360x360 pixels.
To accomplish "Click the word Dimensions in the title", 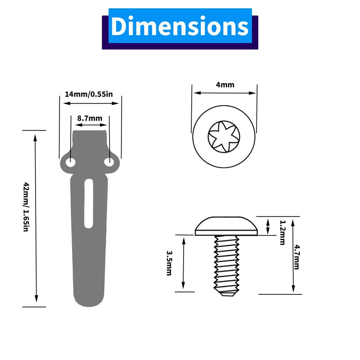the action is tap(180, 26).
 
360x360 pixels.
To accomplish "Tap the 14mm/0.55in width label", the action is tap(89, 94).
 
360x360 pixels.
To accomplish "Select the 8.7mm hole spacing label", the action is tap(90, 118).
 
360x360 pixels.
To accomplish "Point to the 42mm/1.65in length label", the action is tap(26, 207).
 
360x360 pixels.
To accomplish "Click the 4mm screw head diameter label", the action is tap(225, 85).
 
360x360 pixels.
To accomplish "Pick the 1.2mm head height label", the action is tap(283, 233).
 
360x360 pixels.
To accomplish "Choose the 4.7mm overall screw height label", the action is tap(297, 257).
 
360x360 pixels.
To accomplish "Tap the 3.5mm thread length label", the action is tap(169, 263).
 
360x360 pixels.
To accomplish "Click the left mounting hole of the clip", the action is tap(71, 162).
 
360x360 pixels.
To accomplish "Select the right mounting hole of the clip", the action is tap(109, 162).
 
